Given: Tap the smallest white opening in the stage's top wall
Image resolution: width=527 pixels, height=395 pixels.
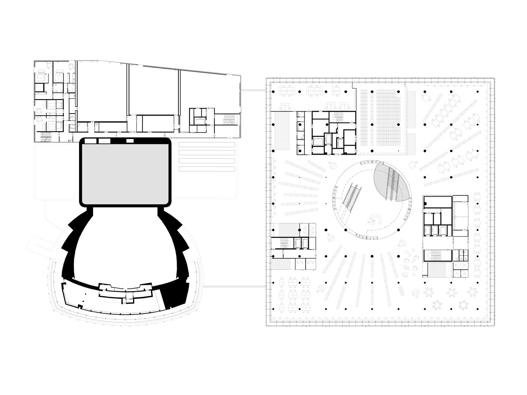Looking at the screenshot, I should pos(130,141).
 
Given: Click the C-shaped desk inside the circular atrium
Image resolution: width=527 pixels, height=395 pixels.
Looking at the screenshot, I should pos(375,221).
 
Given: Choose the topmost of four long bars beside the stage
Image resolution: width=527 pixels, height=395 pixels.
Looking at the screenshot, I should pos(207,144).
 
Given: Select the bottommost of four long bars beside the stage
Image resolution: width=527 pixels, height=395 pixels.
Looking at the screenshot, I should pos(207,169).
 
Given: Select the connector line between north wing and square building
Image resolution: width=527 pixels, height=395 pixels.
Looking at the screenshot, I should pos(252,90).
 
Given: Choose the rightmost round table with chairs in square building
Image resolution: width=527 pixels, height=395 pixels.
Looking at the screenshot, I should pos(463,305).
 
